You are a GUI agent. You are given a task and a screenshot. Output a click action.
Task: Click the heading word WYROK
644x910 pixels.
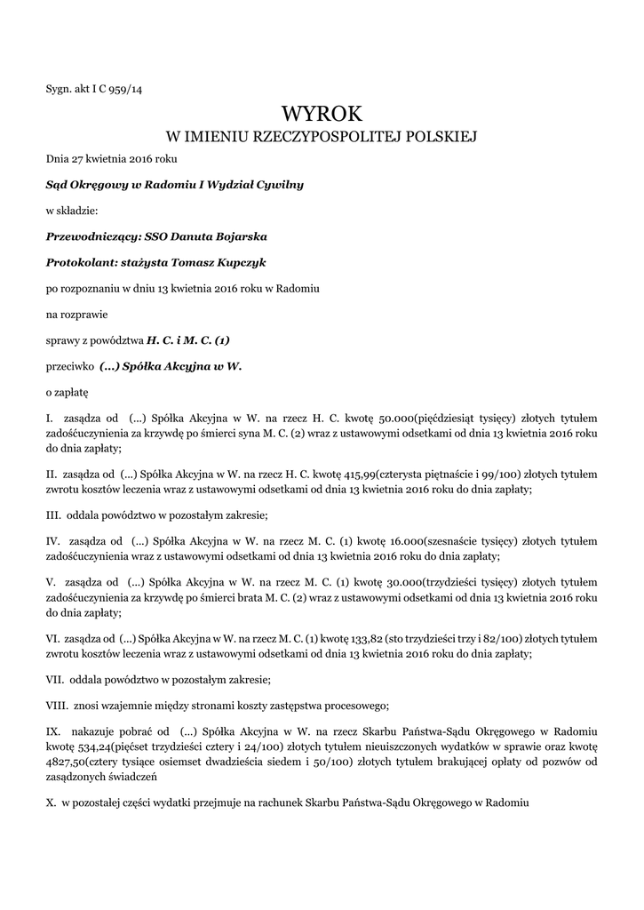click(x=322, y=114)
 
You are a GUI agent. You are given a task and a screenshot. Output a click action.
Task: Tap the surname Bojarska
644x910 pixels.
click(x=236, y=236)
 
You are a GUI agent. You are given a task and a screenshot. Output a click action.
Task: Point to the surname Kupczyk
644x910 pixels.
click(x=242, y=263)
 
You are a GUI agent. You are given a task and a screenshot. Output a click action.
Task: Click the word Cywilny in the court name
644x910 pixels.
click(x=280, y=184)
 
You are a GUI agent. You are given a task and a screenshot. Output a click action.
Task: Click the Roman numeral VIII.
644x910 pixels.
click(x=58, y=706)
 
